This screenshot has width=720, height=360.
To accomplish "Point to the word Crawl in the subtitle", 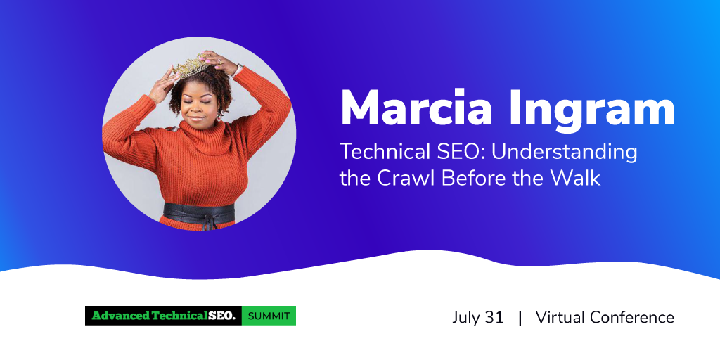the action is click(407, 178).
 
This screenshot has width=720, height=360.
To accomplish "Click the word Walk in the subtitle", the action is click(580, 178).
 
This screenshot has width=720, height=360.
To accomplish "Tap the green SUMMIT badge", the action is click(269, 316).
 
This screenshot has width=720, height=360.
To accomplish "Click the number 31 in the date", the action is click(493, 317).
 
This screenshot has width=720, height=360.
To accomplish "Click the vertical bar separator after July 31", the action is click(520, 318).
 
